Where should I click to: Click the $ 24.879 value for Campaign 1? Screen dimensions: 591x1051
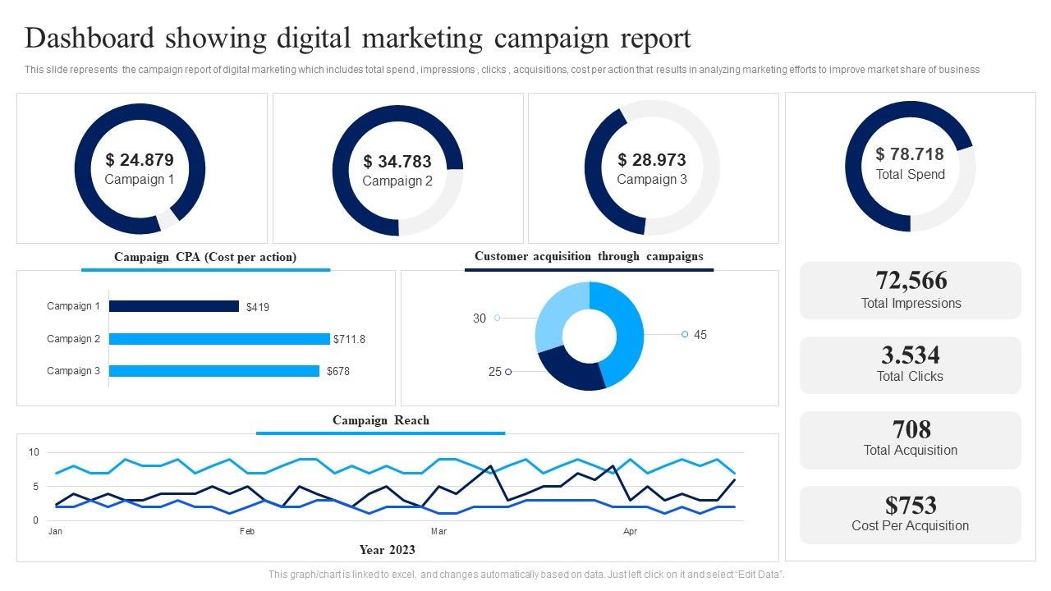tap(140, 160)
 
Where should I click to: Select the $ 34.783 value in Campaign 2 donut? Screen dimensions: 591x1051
tap(397, 162)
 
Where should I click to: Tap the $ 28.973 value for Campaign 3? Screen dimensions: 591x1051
tap(652, 160)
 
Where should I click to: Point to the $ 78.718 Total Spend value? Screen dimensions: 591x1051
tap(910, 154)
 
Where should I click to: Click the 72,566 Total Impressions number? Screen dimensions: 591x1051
tap(911, 281)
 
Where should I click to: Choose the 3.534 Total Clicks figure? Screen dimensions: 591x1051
tap(911, 355)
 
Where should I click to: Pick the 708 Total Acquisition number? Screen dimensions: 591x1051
tap(911, 429)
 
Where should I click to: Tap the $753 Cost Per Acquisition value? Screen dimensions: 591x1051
tap(911, 505)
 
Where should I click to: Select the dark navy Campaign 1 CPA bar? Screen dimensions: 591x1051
tap(174, 306)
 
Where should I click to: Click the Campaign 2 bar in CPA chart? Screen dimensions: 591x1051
tap(219, 339)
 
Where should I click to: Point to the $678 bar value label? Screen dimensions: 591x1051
tap(338, 371)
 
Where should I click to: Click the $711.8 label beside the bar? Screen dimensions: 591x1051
tap(349, 339)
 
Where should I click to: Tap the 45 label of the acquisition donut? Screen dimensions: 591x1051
tap(700, 335)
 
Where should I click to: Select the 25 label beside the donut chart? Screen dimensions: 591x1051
tap(494, 372)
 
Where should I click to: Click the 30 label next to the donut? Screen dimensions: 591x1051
tap(479, 318)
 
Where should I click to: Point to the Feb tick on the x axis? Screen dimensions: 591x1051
tap(247, 531)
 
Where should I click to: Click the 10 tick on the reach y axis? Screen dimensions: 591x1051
tap(34, 452)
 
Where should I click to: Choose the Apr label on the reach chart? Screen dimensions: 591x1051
tap(630, 531)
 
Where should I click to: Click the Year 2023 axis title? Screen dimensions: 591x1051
tap(387, 550)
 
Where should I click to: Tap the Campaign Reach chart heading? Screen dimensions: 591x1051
tap(380, 420)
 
